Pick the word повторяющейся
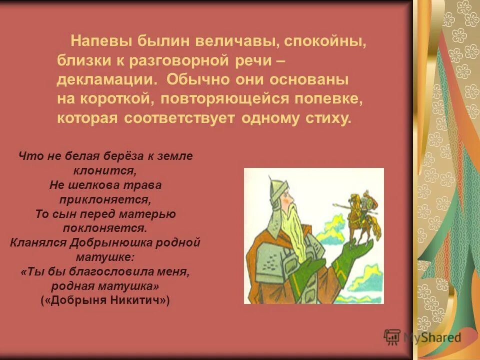[224, 99]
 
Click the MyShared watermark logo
[422, 337]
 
